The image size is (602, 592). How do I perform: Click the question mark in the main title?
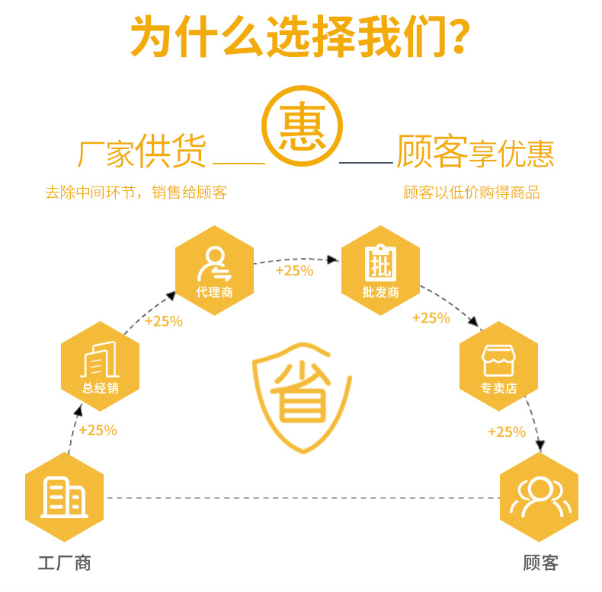[455, 37]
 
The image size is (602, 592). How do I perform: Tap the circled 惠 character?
[302, 126]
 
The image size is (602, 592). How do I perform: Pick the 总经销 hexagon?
[101, 367]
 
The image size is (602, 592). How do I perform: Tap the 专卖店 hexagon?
[498, 367]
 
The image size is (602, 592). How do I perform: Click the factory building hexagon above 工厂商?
[64, 497]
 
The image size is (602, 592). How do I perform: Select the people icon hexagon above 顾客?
[539, 497]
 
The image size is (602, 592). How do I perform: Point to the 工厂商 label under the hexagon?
[64, 563]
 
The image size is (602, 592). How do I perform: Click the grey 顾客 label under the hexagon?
[540, 563]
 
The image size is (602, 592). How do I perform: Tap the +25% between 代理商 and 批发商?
[294, 270]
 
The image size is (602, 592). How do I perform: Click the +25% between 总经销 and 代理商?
[164, 321]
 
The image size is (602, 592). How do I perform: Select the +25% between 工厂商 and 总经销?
[98, 430]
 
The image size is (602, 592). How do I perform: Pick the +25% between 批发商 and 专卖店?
[431, 318]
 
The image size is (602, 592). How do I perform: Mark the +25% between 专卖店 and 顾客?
[507, 432]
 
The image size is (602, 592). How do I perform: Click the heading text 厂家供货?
[142, 152]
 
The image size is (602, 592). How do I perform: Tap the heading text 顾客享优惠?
[475, 152]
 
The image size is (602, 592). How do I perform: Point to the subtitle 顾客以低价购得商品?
[471, 193]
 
